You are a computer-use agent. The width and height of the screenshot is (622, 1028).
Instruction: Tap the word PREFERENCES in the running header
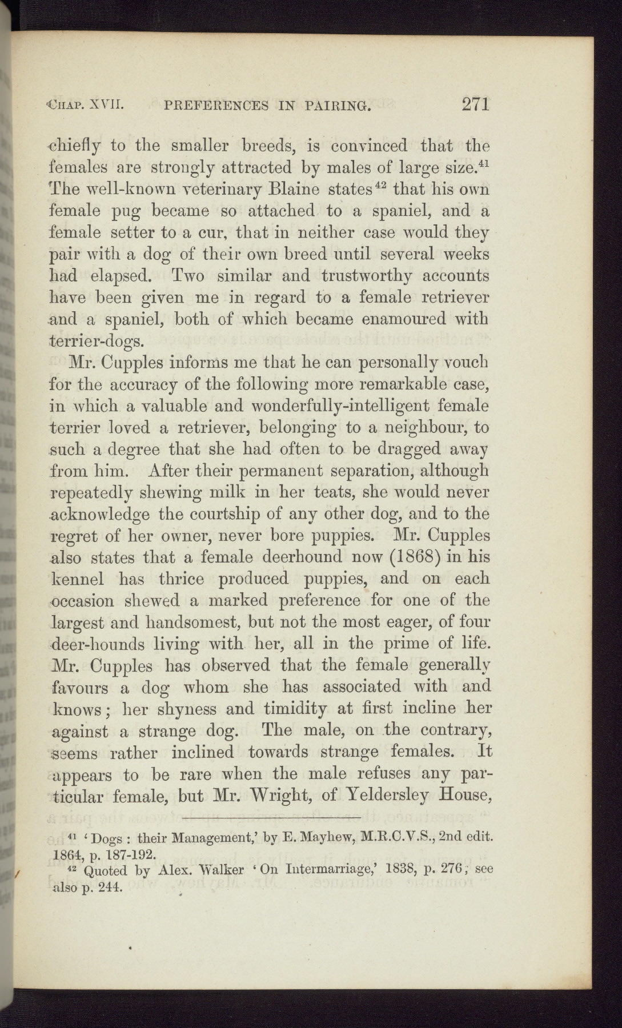pos(216,105)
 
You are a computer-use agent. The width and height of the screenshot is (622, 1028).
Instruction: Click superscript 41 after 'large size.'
pos(483,164)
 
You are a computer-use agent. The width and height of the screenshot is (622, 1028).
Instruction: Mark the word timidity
pos(295,709)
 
